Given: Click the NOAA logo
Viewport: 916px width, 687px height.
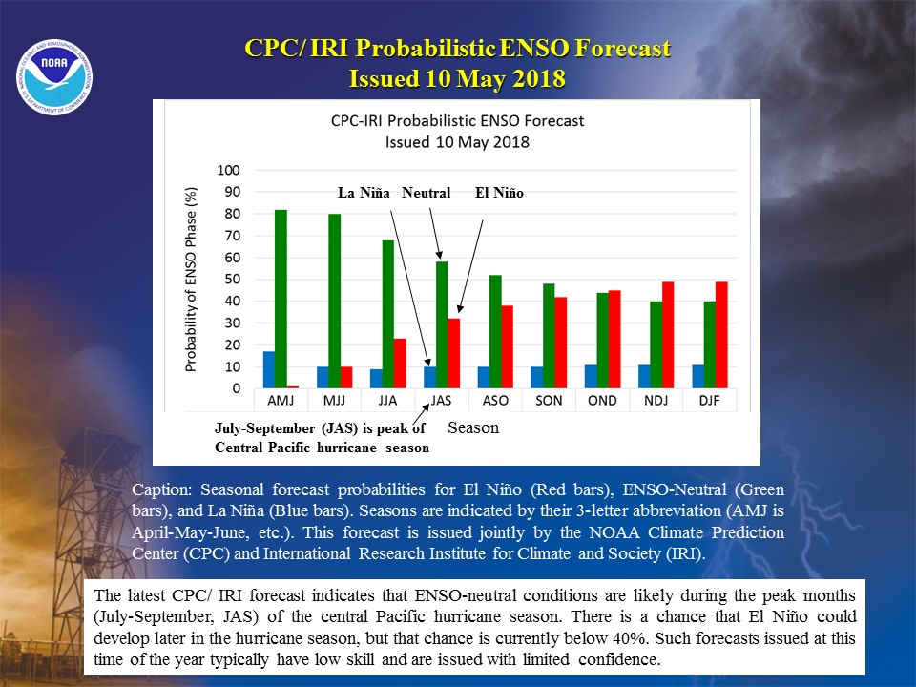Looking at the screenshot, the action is point(54,77).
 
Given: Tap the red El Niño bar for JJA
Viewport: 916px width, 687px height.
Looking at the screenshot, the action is point(400,364).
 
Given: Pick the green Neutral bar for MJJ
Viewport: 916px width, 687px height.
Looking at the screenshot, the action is point(335,301).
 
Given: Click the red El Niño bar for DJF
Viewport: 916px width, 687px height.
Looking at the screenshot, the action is point(721,335).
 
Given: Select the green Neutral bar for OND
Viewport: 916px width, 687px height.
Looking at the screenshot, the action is point(602,341).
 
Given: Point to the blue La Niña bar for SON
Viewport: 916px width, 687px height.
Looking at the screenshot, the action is point(537,378).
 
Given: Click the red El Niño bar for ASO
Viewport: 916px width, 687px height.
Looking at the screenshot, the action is point(507,347).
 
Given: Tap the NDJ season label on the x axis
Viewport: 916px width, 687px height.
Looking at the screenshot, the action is point(656,401).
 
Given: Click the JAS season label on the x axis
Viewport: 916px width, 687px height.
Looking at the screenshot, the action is point(441,401).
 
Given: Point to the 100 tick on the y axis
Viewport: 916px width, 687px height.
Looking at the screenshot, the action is point(228,170).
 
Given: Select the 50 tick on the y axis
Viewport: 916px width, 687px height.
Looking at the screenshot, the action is point(233,280).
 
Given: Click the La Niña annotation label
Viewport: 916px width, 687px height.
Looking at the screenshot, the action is point(364,193).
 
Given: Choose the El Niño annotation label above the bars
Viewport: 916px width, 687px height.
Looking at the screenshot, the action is point(499,193).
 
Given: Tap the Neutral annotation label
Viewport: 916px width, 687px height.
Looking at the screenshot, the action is point(426,193).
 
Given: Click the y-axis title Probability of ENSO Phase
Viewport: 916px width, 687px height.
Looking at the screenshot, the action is point(191,280).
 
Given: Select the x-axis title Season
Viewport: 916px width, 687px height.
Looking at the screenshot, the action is point(473,428).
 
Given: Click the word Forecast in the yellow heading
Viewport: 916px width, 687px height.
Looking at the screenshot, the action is point(623,49).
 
